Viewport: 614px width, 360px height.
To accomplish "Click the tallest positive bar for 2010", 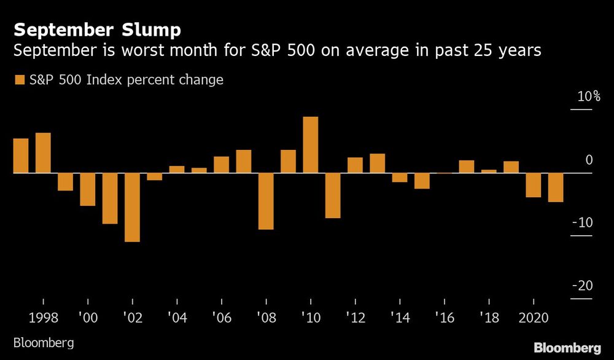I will click(311, 145).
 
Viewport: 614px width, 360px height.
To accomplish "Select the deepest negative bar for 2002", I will click(132, 207).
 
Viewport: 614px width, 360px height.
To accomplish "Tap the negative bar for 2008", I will click(266, 201).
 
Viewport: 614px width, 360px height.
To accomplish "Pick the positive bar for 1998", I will click(43, 153).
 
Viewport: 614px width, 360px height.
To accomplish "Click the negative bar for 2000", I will click(88, 189).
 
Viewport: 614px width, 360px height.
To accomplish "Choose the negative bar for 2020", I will click(534, 185).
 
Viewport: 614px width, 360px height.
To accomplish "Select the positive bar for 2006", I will click(222, 165).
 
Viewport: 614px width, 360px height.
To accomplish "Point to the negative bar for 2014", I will click(400, 178).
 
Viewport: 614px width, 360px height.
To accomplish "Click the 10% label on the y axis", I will click(588, 97).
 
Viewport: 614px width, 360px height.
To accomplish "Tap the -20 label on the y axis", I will click(582, 286).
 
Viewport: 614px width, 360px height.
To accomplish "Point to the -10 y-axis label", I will click(582, 222).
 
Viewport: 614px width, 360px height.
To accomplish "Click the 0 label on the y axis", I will click(589, 160).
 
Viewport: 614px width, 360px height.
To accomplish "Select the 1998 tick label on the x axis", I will click(43, 319).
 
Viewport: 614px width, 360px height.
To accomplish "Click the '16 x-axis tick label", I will click(444, 319).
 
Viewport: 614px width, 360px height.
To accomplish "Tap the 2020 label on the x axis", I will click(534, 319).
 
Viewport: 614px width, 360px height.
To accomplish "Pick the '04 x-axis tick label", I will click(177, 319).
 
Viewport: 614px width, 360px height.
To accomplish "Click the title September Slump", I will click(98, 29).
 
